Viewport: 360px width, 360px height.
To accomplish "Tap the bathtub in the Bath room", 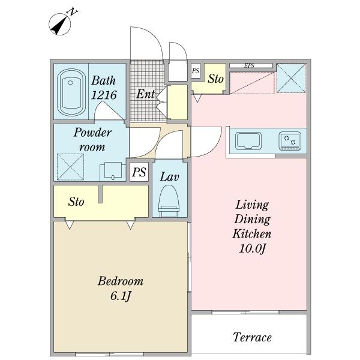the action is click(71, 92).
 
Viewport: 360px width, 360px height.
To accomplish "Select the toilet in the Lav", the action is click(169, 200).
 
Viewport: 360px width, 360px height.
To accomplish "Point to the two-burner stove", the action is click(290, 141).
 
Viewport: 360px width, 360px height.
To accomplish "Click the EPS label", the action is click(249, 65).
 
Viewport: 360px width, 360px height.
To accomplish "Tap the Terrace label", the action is click(252, 337).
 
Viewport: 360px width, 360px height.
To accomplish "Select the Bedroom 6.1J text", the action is click(121, 289).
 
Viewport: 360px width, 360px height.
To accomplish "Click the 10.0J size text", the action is click(252, 248).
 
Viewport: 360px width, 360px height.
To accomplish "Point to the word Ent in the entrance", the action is click(145, 94).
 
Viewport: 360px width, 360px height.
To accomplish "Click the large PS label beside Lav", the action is click(139, 172).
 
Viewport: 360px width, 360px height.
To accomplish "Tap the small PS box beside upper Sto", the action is click(196, 71).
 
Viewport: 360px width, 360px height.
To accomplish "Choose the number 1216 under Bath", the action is click(104, 95).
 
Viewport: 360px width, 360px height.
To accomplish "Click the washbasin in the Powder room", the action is click(113, 171).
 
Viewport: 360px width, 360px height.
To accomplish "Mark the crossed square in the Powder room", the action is click(70, 167).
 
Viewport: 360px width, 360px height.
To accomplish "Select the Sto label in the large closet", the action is click(76, 202).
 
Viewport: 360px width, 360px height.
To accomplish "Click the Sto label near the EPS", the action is click(215, 79).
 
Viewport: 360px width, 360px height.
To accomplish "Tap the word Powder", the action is click(92, 133).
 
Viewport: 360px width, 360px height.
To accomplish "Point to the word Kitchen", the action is click(252, 234).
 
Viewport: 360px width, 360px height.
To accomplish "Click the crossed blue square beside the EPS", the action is click(291, 78).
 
